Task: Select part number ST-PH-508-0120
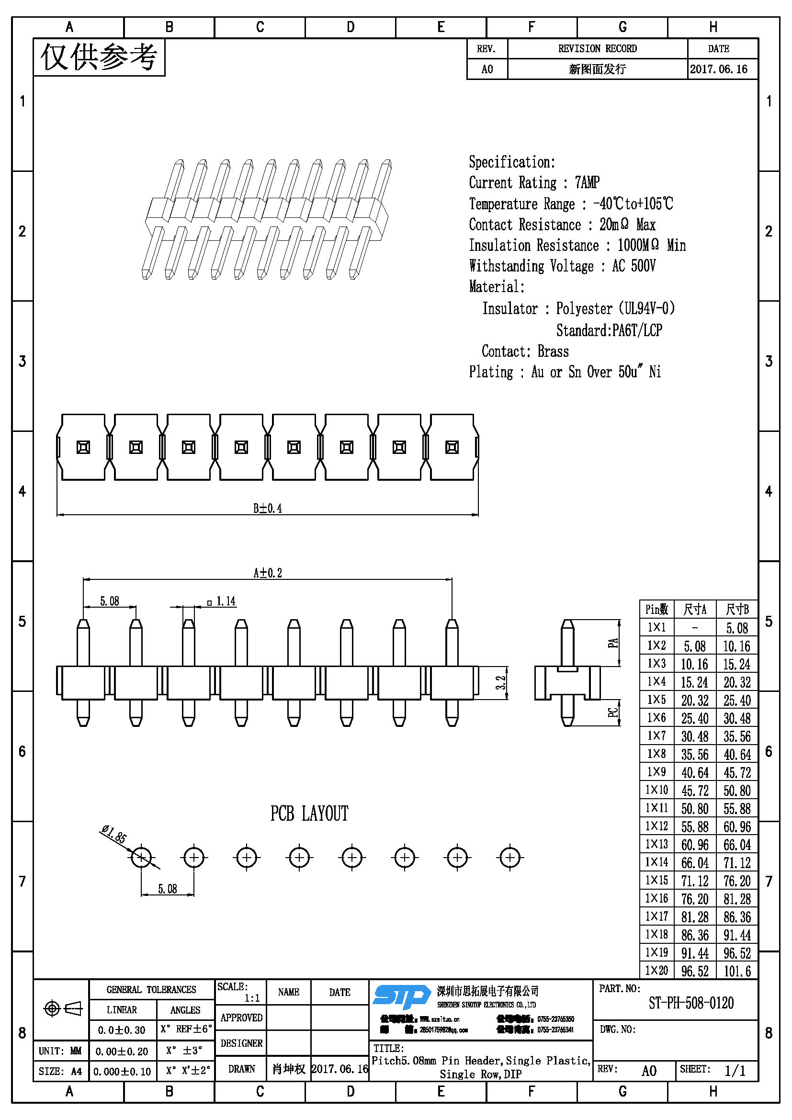tap(690, 1003)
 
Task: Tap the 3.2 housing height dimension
tap(501, 682)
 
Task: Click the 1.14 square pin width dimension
tap(226, 601)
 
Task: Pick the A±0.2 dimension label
tap(267, 573)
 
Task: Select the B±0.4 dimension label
tap(267, 509)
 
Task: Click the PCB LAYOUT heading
tap(309, 814)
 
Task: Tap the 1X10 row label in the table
tap(656, 790)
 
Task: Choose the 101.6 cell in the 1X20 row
tap(737, 971)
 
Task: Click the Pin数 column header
tap(656, 609)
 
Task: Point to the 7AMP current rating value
tap(587, 182)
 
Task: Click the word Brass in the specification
tap(553, 351)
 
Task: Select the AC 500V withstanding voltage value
tap(634, 266)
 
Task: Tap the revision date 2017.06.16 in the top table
tap(718, 69)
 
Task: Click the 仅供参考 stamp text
tap(99, 57)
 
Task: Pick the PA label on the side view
tap(613, 644)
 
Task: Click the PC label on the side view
tap(613, 713)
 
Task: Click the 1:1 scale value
tap(252, 998)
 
